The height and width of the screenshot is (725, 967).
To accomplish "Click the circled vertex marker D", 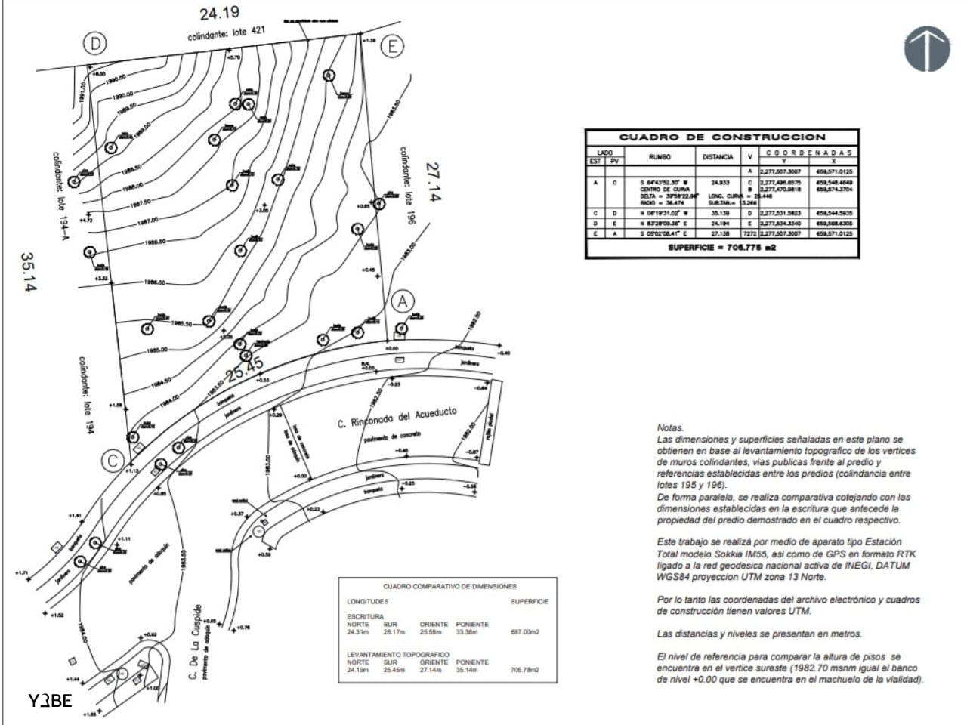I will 95,44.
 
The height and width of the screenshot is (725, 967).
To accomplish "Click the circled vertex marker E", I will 392,47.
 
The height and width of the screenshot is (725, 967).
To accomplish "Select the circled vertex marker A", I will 403,301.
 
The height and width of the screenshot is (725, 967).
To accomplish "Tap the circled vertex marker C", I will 113,461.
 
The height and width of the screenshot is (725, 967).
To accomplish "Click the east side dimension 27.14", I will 434,182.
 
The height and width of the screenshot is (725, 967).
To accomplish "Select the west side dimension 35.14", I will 29,273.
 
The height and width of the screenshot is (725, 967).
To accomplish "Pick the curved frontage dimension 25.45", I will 246,369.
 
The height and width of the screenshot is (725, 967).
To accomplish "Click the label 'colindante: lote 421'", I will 227,35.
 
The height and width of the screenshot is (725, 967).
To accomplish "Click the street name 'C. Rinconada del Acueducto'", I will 397,418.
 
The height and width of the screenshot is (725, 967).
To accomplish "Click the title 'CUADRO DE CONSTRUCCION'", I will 722,137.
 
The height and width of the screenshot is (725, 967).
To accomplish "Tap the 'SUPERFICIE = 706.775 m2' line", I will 721,248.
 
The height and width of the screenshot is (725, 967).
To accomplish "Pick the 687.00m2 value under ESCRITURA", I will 524,632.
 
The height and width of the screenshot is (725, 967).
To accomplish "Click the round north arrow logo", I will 927,48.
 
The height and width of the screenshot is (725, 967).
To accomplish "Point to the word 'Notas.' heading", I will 671,427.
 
